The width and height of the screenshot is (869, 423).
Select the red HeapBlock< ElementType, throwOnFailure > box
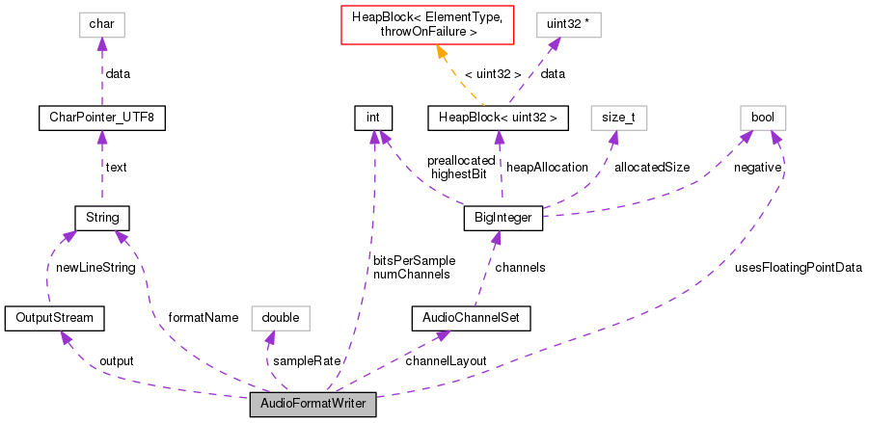[433, 24]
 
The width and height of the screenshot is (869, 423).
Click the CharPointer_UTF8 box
[101, 119]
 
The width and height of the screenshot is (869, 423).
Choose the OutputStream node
[54, 316]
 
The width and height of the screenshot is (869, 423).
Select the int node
[372, 119]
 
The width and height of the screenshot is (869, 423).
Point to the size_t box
[617, 119]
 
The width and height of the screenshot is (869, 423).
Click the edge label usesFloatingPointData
[798, 267]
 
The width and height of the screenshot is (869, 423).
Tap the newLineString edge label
[94, 267]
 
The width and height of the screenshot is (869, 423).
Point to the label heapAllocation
[547, 167]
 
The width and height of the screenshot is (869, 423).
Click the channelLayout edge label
[446, 360]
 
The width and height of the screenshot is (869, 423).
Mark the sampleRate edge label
[307, 360]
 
